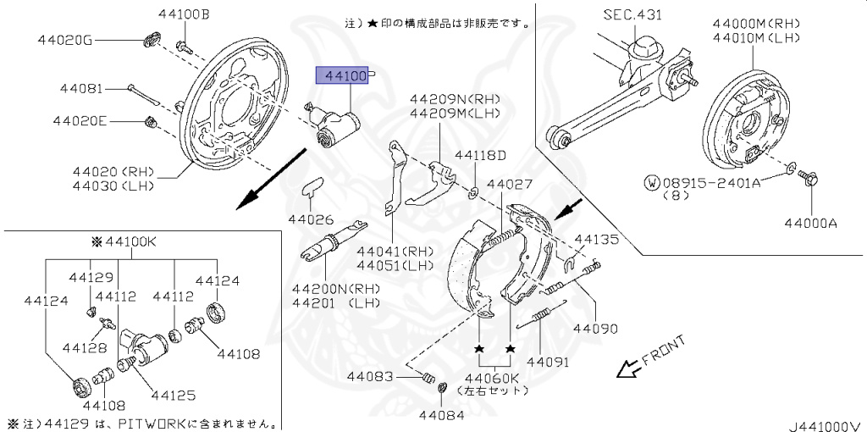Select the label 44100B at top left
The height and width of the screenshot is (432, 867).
[x=183, y=14]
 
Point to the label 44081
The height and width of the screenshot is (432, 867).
[x=81, y=87]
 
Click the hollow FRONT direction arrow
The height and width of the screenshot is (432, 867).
[x=627, y=368]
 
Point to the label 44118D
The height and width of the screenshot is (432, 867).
[x=480, y=155]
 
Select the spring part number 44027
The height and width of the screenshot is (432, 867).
[x=510, y=184]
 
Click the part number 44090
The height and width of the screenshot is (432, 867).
[x=595, y=328]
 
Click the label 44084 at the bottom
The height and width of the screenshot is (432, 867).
[x=441, y=414]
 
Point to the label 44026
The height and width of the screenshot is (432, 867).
[x=312, y=219]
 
